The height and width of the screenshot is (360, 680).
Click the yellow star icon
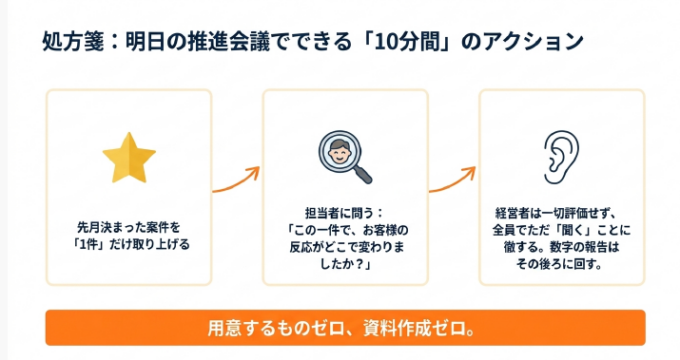tap(129, 159)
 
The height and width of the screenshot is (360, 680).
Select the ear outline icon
tap(561, 157)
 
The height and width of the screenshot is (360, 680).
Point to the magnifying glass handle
tap(362, 174)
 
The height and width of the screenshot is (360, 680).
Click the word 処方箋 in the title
tap(73, 42)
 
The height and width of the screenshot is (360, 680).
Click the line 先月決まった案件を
tap(129, 227)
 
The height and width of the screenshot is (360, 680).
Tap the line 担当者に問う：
tap(345, 213)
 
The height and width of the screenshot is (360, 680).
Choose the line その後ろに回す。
tap(559, 263)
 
